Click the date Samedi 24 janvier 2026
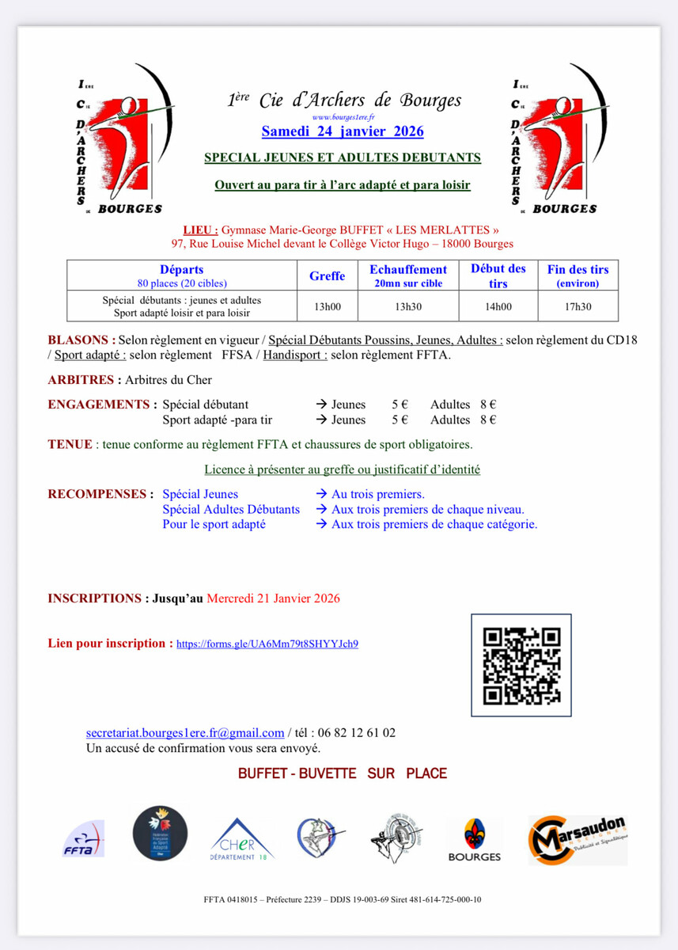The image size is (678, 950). tap(343, 131)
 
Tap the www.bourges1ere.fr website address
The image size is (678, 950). tap(343, 116)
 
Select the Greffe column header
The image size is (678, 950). tap(327, 275)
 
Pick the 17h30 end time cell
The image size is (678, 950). tap(578, 306)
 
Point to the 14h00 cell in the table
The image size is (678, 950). tap(498, 306)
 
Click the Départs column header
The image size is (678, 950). tap(182, 270)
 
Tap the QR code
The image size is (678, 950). tap(521, 666)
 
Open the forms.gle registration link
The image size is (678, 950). tap(267, 644)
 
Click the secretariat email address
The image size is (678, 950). tap(185, 733)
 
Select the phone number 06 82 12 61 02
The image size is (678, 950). tap(356, 733)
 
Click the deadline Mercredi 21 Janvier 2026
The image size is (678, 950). tap(273, 598)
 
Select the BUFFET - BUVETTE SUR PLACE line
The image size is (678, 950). tap(343, 773)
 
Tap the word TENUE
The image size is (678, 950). tap(70, 444)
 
